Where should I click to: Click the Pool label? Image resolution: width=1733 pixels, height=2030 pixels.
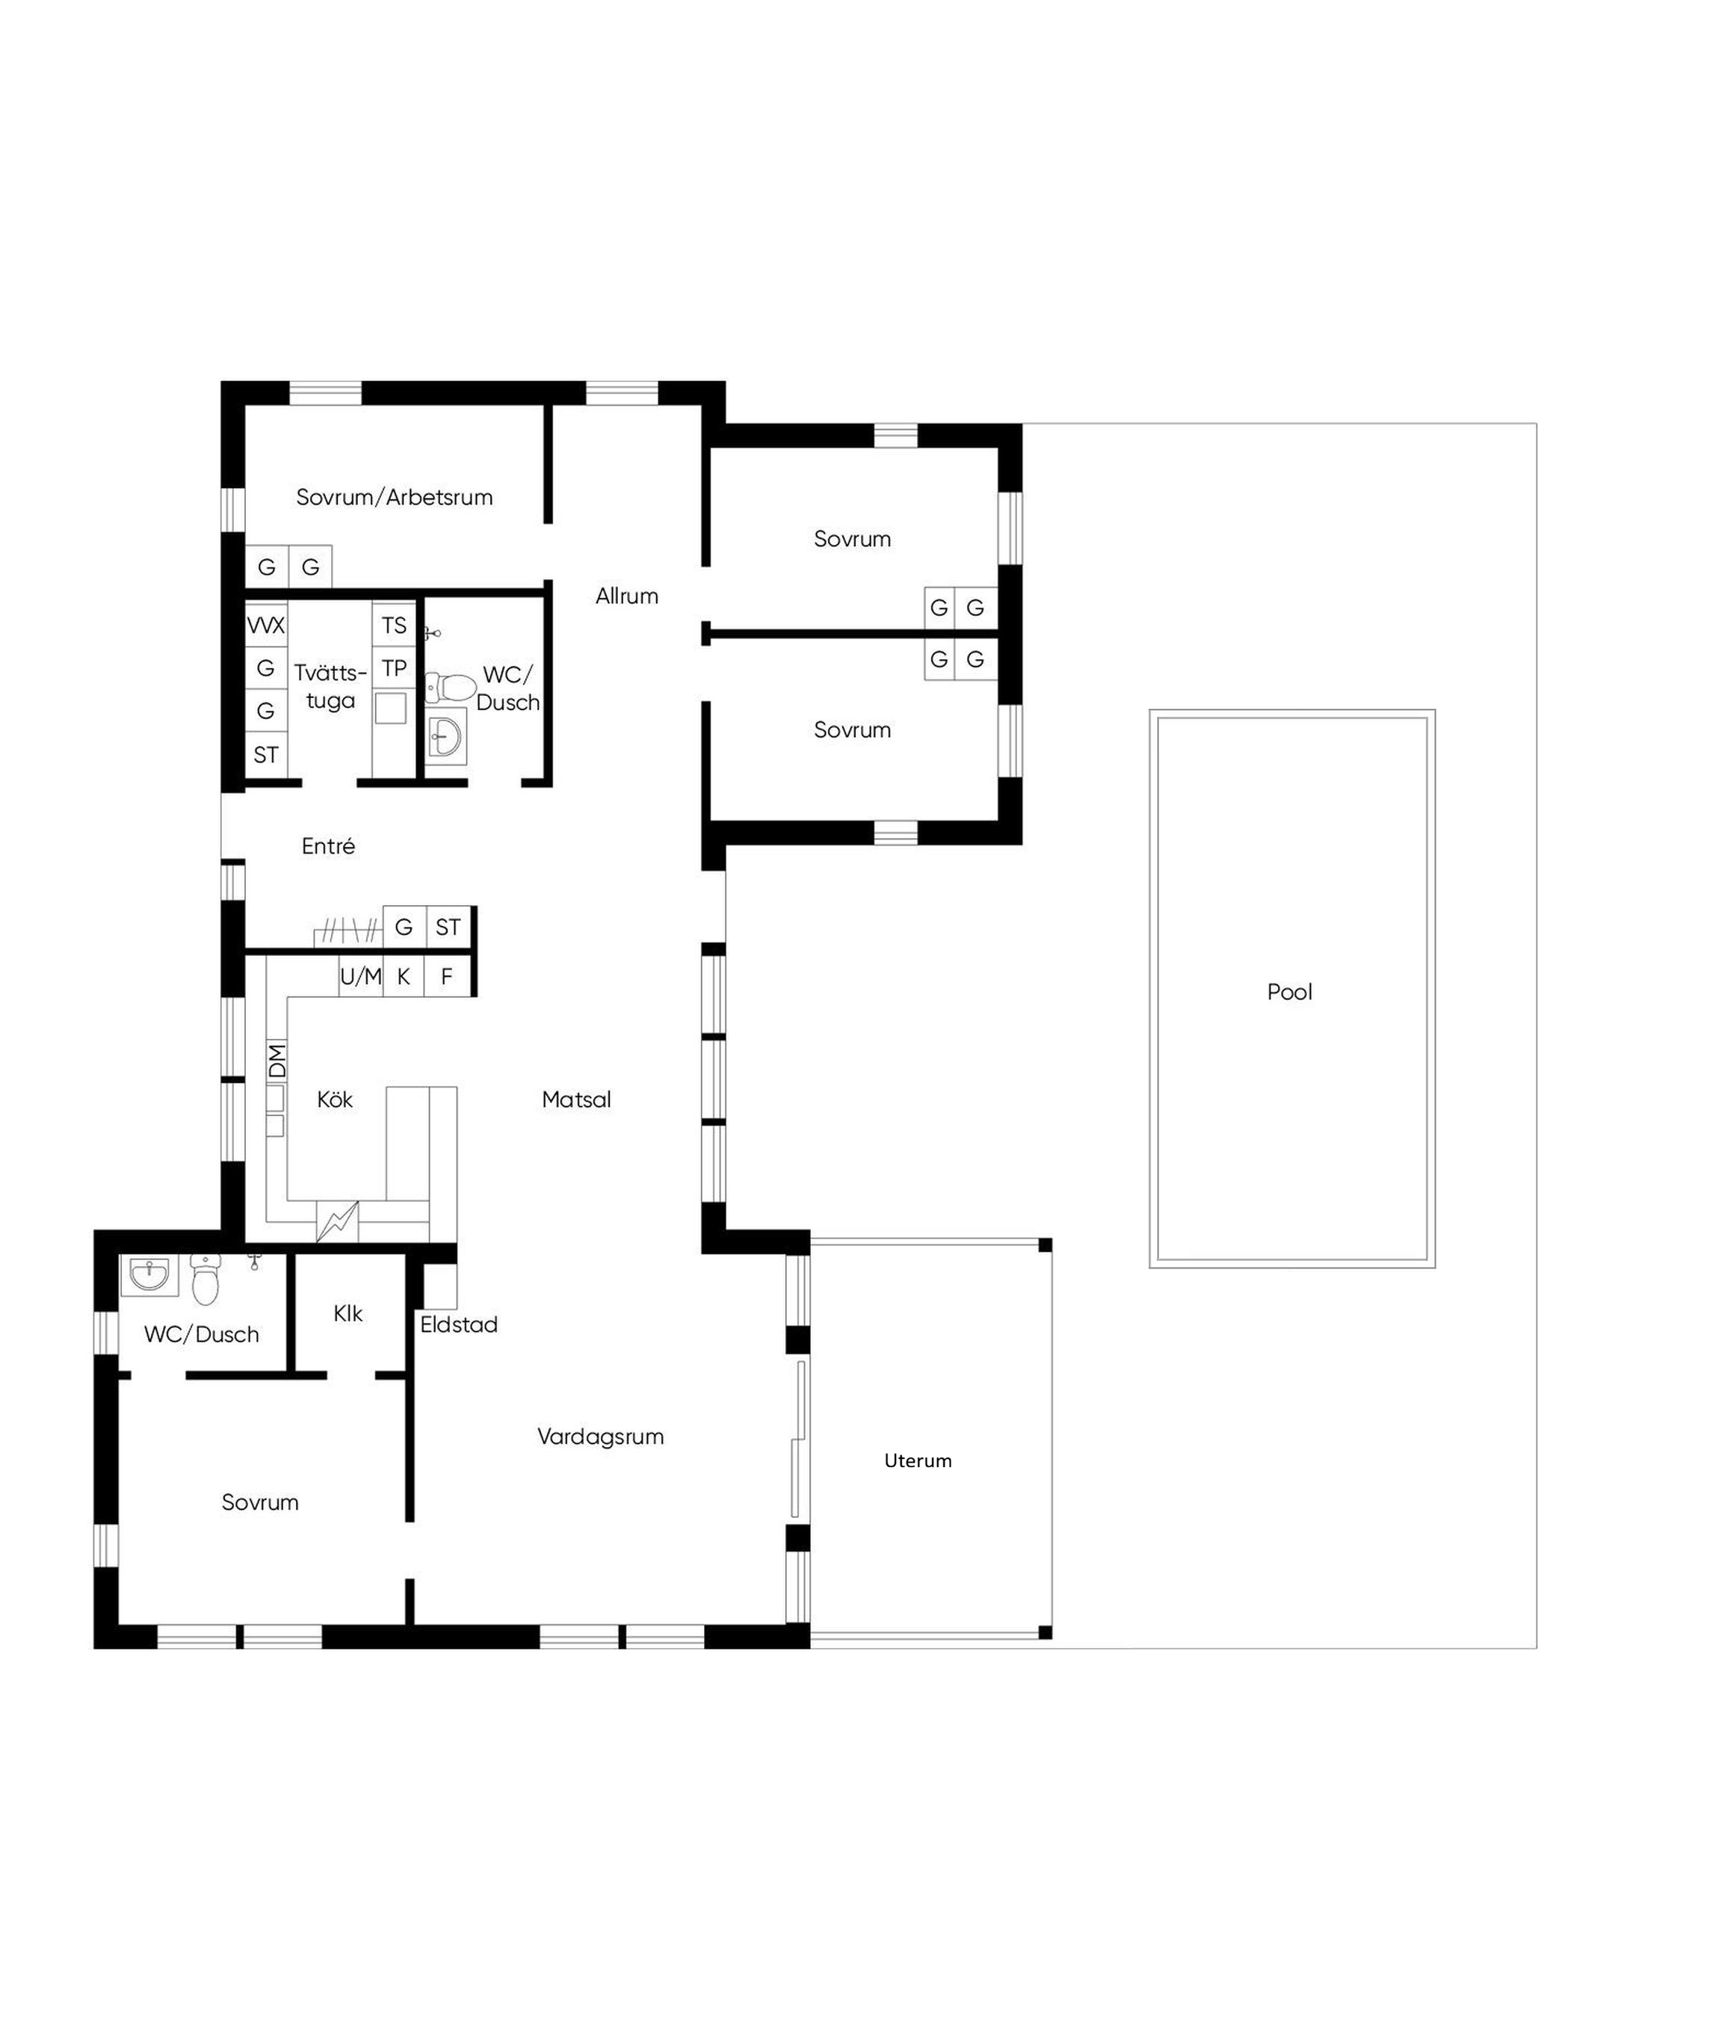coord(1288,992)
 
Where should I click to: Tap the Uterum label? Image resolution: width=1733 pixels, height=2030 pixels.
coord(917,1460)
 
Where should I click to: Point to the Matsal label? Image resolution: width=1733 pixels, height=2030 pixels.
coord(576,1099)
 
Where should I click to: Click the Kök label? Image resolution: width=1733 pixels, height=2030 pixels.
coord(334,1099)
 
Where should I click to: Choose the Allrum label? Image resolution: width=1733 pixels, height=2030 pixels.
coord(626,596)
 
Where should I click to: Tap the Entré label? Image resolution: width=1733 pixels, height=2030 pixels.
coord(328,845)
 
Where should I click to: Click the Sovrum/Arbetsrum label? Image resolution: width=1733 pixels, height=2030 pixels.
coord(394,497)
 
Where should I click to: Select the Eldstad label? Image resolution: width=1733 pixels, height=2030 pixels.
coord(459,1324)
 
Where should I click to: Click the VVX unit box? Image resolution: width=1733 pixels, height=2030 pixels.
coord(265,625)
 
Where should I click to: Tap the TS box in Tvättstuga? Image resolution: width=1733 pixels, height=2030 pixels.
coord(394,625)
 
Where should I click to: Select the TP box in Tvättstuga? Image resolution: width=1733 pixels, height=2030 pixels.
coord(394,669)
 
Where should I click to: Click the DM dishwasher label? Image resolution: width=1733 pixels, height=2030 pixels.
coord(277,1061)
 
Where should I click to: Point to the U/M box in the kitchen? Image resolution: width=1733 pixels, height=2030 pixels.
coord(360,976)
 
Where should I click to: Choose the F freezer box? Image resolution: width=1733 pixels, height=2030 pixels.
coord(448,976)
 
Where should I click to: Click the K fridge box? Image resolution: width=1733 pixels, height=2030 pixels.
coord(404,976)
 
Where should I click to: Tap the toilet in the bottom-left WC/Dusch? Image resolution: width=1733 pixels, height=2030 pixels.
coord(205,1280)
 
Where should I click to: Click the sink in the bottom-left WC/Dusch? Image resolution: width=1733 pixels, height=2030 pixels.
coord(149,1277)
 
